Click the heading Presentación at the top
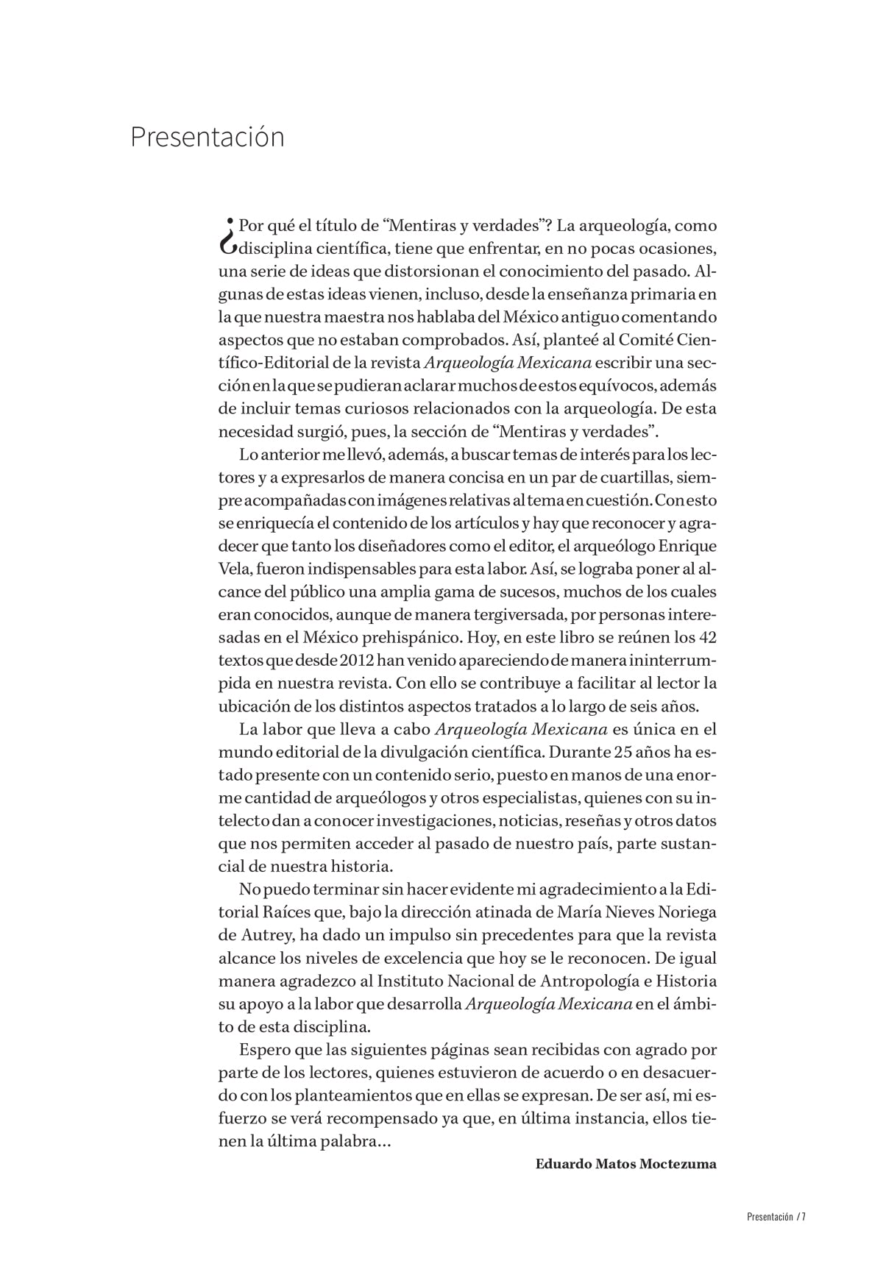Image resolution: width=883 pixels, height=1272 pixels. click(x=208, y=138)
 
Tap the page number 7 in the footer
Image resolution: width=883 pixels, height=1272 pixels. click(x=804, y=1215)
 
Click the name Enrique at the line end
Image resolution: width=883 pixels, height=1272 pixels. click(x=687, y=546)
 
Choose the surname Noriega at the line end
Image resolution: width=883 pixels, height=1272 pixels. click(x=686, y=913)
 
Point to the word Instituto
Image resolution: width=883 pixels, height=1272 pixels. click(x=408, y=982)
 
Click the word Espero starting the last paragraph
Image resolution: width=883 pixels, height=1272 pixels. click(x=264, y=1050)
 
